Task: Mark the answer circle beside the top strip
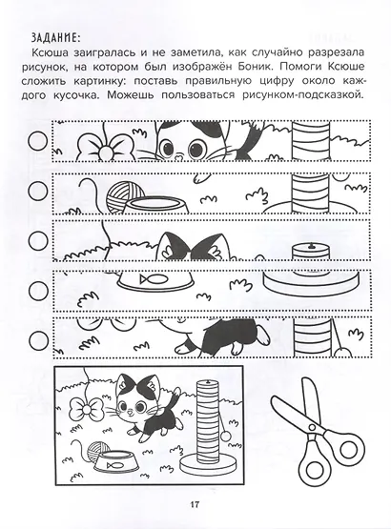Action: coord(38,139)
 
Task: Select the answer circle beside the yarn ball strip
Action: coord(38,189)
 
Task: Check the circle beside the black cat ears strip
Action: coord(38,239)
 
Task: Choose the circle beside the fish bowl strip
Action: coord(38,289)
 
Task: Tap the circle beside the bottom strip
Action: coord(38,338)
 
